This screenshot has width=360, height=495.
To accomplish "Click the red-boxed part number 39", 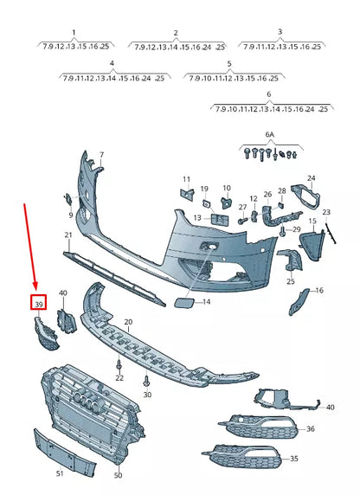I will coord(38,304).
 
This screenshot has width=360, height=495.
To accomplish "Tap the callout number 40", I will coord(63,294).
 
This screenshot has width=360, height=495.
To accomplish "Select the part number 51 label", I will coord(60,473).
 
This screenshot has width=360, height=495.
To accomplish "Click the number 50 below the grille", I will coord(118,475).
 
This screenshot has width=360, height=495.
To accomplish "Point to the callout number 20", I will coord(128,322).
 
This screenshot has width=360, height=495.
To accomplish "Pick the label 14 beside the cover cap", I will coord(205,302).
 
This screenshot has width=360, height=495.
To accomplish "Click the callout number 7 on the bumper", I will coord(100,156).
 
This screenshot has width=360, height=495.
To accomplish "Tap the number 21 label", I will coord(68,235).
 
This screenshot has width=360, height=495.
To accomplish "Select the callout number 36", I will coord(311,429).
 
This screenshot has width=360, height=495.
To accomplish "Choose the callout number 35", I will coord(294,459).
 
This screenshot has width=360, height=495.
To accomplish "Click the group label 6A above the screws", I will coord(269,136).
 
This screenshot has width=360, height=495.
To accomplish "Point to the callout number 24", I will coord(312,179).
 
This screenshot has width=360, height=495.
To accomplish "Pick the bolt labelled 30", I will coord(146,380).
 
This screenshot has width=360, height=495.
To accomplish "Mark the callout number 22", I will coord(119,378).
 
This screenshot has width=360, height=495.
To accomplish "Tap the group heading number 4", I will coord(112,64).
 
